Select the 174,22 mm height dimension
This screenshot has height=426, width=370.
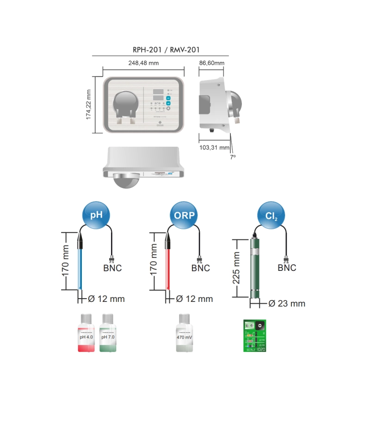point(89,105)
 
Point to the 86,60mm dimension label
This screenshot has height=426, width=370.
point(211,63)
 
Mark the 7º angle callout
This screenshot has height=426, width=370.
point(233,157)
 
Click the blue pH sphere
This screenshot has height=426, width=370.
point(96,215)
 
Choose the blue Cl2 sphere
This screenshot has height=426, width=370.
point(271,215)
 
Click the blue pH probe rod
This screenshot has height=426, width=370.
point(80,269)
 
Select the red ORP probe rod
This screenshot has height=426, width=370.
point(169,269)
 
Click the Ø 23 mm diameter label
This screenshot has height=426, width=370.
point(287,304)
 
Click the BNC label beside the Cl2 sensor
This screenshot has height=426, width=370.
point(287,268)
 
